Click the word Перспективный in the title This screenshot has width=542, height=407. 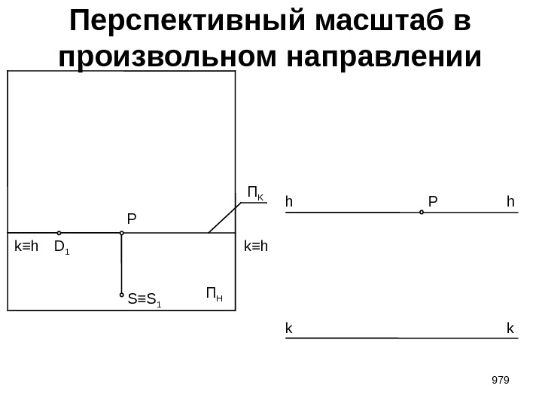pos(181,24)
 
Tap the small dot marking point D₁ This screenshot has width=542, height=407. pos(59,234)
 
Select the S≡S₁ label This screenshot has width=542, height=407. pos(145,301)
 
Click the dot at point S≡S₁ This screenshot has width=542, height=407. pos(121,295)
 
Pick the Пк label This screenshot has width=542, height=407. pos(256,194)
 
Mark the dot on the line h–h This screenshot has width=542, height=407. pos(422,213)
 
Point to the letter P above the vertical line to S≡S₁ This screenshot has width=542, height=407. pos(132,219)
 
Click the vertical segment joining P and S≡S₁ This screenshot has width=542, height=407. pos(121,264)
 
